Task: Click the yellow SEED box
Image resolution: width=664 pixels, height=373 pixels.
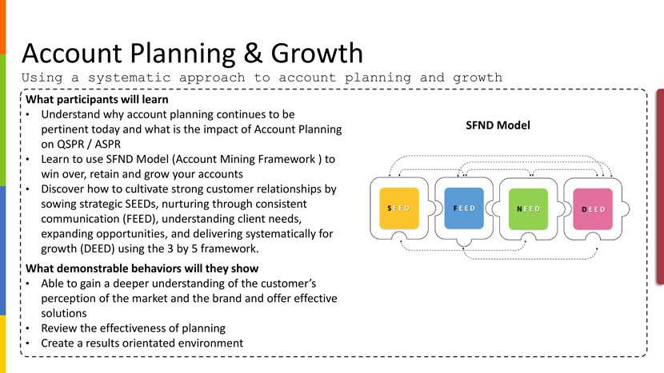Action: [x=399, y=208]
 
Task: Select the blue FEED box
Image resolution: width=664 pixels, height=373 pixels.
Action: [x=464, y=208]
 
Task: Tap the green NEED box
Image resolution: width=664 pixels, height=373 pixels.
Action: [x=528, y=209]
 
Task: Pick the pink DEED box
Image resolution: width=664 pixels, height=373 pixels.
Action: [x=593, y=209]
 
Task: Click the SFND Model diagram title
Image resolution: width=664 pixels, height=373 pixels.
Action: [x=498, y=125]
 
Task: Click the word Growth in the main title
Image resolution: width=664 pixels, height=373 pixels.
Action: [x=317, y=54]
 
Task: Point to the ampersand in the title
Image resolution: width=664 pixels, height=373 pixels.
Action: [x=254, y=54]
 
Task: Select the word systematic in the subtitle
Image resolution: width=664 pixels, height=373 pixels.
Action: [x=129, y=77]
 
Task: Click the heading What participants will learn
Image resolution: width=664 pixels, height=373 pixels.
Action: [x=97, y=99]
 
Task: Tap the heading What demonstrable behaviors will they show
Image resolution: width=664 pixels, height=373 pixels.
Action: [x=142, y=268]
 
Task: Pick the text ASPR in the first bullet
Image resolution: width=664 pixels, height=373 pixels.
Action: [x=107, y=145]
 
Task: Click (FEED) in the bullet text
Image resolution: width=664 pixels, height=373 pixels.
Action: [x=141, y=219]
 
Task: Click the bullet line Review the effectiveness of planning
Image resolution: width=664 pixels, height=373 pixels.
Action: [x=134, y=328]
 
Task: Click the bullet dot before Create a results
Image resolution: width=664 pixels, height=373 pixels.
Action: [x=28, y=343]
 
